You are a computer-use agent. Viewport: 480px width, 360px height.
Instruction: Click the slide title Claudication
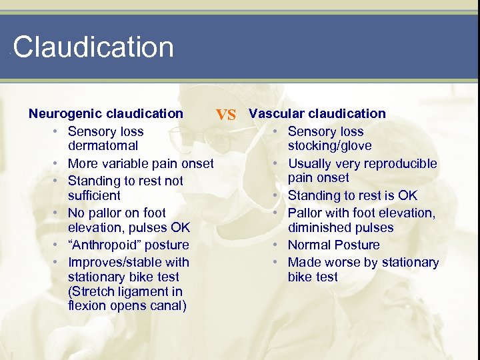(93, 47)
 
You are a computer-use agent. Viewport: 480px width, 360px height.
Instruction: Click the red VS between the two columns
(226, 115)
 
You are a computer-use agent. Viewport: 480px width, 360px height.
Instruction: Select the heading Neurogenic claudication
(105, 113)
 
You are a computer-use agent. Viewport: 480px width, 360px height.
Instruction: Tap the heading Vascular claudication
(317, 113)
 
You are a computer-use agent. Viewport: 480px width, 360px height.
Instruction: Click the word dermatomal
(103, 145)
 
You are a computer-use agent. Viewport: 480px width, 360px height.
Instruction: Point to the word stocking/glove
(330, 145)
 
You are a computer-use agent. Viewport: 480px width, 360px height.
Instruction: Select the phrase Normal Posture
(333, 245)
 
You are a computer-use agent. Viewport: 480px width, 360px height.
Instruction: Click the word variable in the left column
(125, 163)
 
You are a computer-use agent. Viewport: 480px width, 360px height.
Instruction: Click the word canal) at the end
(167, 306)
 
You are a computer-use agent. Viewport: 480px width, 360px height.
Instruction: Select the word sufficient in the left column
(94, 195)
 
